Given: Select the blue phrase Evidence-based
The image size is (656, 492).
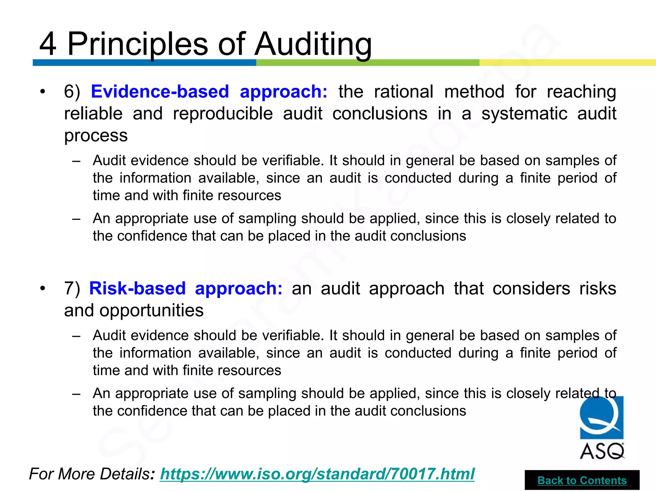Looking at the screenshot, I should (160, 92).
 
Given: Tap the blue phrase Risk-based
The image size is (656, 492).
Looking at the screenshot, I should (137, 288).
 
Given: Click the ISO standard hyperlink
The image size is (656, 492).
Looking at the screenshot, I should (317, 474).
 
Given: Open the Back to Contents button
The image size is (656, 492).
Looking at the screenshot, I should (582, 480).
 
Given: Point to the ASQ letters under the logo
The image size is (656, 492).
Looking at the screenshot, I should (602, 451).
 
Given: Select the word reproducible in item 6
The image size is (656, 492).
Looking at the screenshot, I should (223, 114).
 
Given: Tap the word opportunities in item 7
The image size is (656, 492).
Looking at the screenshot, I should (151, 310).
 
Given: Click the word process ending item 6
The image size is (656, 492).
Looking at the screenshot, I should (96, 135).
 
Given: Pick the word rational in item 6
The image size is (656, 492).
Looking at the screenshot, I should (404, 92).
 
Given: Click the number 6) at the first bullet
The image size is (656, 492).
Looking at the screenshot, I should (72, 92).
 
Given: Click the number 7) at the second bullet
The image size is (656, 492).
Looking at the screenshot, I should (72, 288).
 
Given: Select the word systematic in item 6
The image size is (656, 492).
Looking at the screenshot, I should (524, 114).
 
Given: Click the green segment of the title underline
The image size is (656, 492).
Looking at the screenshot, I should (367, 62).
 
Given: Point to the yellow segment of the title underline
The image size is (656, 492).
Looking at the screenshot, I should (567, 62).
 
